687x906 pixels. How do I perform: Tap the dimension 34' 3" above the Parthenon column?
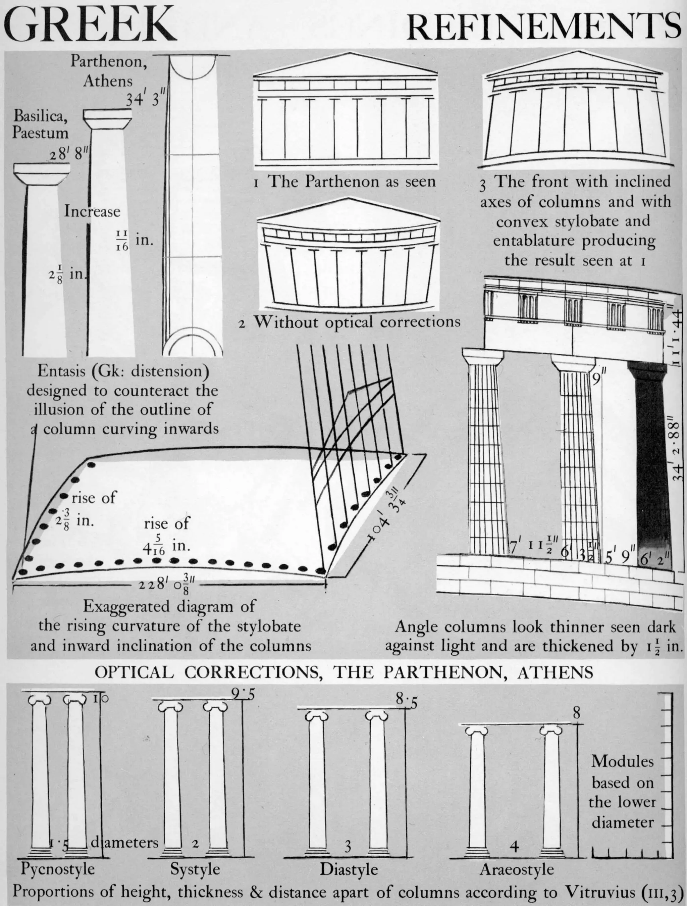tap(145, 100)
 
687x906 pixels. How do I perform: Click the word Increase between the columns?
tap(92, 211)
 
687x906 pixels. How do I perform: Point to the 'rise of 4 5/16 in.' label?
tap(167, 536)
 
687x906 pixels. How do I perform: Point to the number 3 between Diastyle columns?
tap(348, 845)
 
